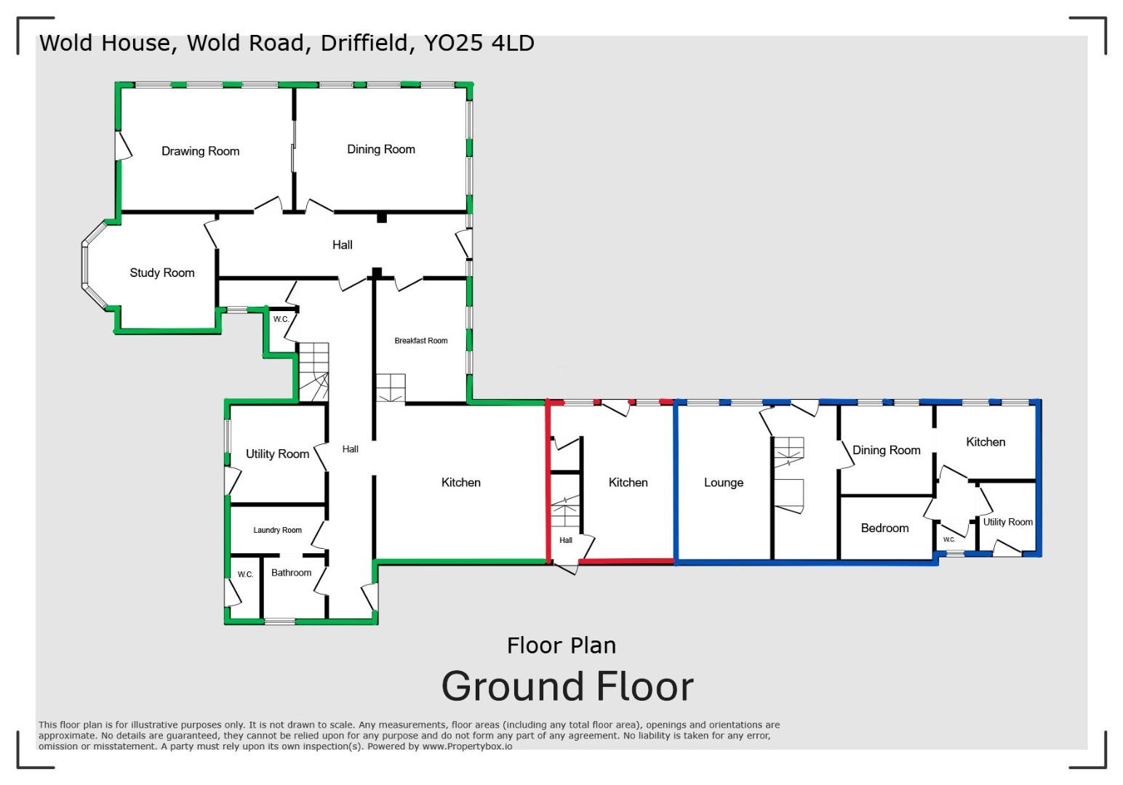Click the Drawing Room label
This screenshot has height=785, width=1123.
[x=200, y=151]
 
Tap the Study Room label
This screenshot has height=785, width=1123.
[x=162, y=273]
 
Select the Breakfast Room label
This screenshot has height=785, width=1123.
[x=421, y=340]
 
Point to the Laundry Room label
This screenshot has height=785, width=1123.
[x=277, y=530]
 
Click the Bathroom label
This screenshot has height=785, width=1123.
[x=291, y=573]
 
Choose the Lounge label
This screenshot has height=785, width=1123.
[x=723, y=483]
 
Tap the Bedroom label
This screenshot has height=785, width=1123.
[x=884, y=528]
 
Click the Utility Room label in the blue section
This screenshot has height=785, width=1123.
[x=1007, y=522]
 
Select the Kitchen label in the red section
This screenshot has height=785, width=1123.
[x=628, y=483]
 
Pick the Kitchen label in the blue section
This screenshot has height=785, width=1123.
[x=986, y=442]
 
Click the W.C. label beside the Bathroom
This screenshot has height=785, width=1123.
[x=245, y=574]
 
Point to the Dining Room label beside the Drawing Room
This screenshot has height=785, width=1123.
[x=381, y=149]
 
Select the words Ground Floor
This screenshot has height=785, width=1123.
[x=567, y=687]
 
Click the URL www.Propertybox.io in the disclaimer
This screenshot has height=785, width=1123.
[x=467, y=746]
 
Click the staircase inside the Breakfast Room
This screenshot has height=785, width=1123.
[x=390, y=388]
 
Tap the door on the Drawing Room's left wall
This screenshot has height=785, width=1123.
[x=122, y=145]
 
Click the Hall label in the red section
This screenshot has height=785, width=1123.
[x=566, y=540]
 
